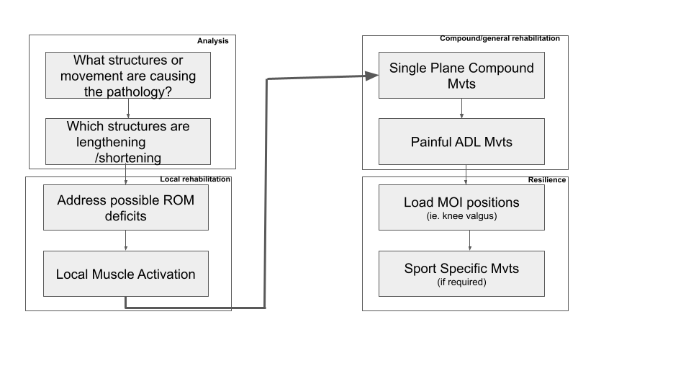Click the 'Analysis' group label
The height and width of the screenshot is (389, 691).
coord(213,41)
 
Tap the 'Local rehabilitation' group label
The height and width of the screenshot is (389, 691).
coord(195,179)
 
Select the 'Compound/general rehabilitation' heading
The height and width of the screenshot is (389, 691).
coord(500,38)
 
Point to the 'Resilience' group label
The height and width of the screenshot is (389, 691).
coord(547,180)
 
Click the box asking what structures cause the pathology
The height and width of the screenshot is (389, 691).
coord(128,76)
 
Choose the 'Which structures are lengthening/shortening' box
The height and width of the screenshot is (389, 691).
coord(128,142)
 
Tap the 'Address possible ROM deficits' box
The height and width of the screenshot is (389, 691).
coord(125,207)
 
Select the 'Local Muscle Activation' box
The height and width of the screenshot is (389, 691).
coord(125,274)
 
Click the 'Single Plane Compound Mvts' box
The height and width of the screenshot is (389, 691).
coord(461,76)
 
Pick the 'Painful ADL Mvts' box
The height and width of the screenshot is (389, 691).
coord(461,142)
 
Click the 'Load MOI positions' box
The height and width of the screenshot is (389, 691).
coord(461,207)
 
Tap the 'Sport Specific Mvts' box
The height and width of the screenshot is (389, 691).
coord(461,274)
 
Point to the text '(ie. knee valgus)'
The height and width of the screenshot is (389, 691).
coord(461,216)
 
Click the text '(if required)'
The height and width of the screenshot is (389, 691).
coord(461,282)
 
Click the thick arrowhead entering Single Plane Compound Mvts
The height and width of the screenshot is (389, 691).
coord(372,76)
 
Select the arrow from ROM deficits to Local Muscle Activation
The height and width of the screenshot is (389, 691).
coord(125,241)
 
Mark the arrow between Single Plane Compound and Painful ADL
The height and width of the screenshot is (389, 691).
coord(461,109)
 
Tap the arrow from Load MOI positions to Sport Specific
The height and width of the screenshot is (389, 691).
coord(470,241)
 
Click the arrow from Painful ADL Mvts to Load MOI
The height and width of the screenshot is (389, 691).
coord(466,174)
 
